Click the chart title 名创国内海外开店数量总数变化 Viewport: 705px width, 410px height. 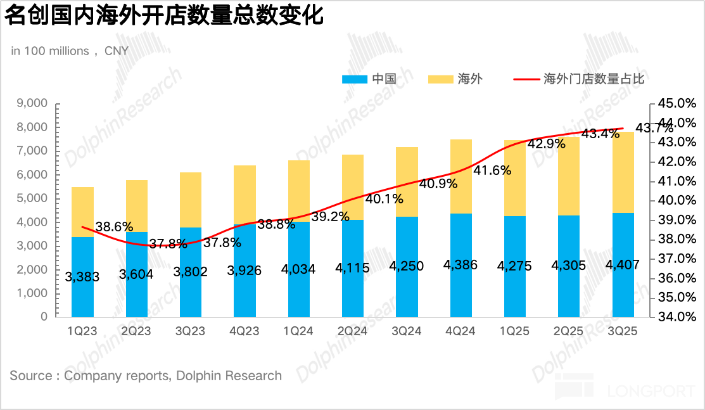click(164, 17)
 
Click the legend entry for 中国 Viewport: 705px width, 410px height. click(370, 79)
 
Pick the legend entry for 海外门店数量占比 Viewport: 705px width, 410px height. click(579, 79)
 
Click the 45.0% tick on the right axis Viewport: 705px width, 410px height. click(678, 103)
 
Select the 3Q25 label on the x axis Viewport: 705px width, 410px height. click(622, 331)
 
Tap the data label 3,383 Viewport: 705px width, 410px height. click(82, 276)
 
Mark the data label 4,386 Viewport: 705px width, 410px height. click(460, 265)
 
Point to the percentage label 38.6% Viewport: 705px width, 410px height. click(114, 226)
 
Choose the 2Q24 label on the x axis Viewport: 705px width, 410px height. click(353, 331)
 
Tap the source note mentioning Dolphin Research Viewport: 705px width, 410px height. click(146, 376)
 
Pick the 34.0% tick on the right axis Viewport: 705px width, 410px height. click(678, 317)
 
